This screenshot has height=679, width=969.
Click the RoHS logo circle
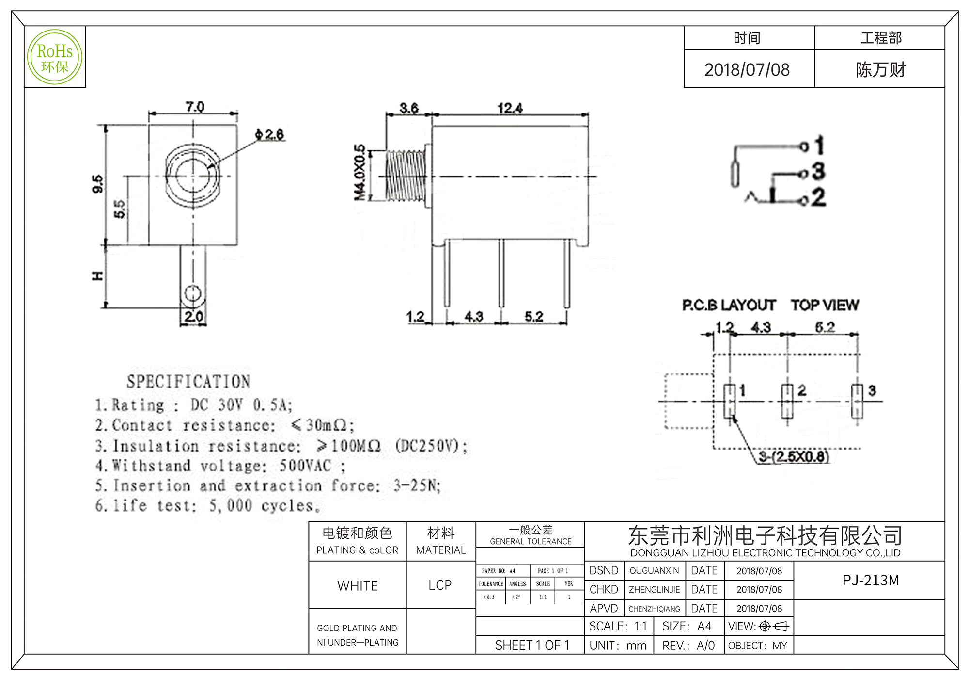pos(55,57)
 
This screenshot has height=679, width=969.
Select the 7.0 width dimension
pos(195,106)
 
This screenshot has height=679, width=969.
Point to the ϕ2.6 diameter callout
pos(270,134)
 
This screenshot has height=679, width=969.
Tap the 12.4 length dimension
pos(510,108)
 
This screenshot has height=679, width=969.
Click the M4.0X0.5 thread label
pos(359,172)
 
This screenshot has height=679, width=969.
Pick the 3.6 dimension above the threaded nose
pos(409,108)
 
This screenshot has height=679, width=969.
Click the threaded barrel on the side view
pos(405,176)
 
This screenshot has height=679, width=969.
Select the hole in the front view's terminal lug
pos(193,293)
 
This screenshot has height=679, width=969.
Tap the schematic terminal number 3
pos(818,171)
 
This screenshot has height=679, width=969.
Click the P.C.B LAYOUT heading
pos(729,305)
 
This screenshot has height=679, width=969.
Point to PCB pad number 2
pos(787,401)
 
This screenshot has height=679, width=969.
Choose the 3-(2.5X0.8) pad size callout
pos(794,456)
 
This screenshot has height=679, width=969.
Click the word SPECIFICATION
pos(188,382)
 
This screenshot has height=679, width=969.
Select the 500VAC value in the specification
pos(305,466)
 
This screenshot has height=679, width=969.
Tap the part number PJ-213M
pos(870,580)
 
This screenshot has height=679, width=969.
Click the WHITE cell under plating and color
pos(358,585)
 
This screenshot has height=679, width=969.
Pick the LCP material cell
pos(440,585)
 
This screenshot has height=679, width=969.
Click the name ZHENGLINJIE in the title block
pos(654,590)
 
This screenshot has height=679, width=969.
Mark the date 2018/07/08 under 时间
pos(747,70)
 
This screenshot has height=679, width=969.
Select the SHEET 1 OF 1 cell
pos(532,645)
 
